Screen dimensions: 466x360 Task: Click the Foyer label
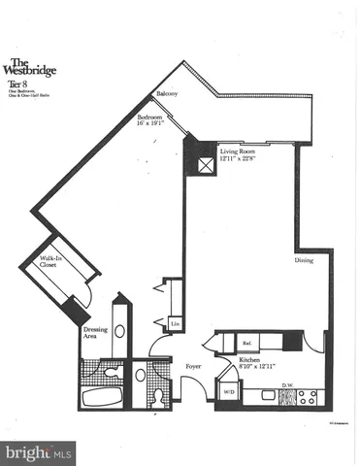193,366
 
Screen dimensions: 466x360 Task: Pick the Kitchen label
251,360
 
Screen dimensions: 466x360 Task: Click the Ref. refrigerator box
246,342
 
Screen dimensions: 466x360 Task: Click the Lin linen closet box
175,323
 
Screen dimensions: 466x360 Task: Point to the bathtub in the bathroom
100,398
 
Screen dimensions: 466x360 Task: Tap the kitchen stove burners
309,396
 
